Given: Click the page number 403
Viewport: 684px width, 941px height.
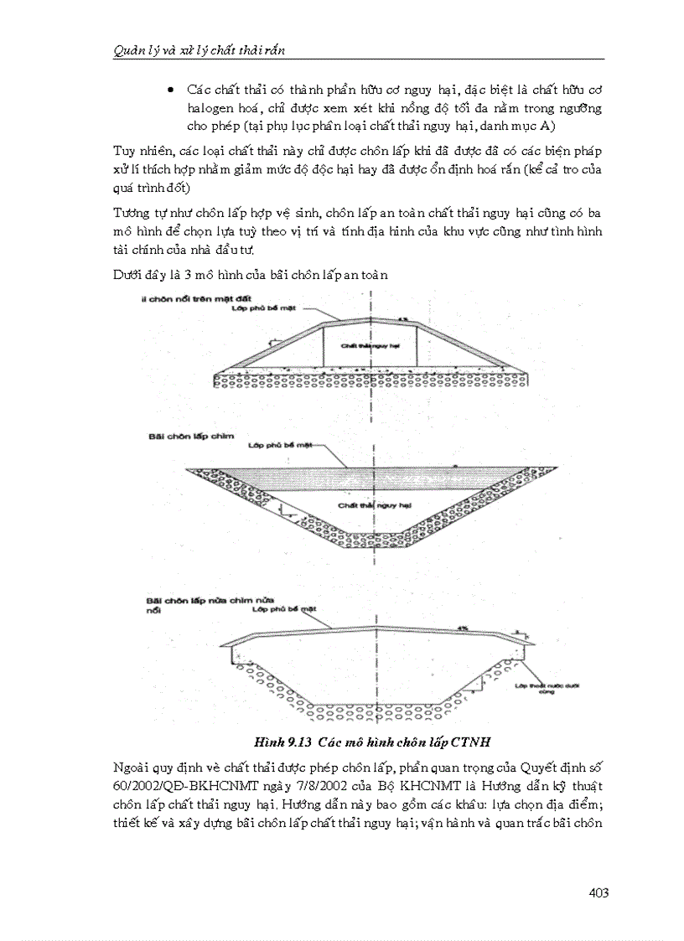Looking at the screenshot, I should (598, 892).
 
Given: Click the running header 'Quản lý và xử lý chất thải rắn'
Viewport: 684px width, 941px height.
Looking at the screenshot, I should (199, 50).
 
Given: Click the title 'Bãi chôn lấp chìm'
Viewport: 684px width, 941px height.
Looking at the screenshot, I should (176, 437).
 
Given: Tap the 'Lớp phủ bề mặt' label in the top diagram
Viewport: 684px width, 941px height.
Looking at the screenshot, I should (258, 308).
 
